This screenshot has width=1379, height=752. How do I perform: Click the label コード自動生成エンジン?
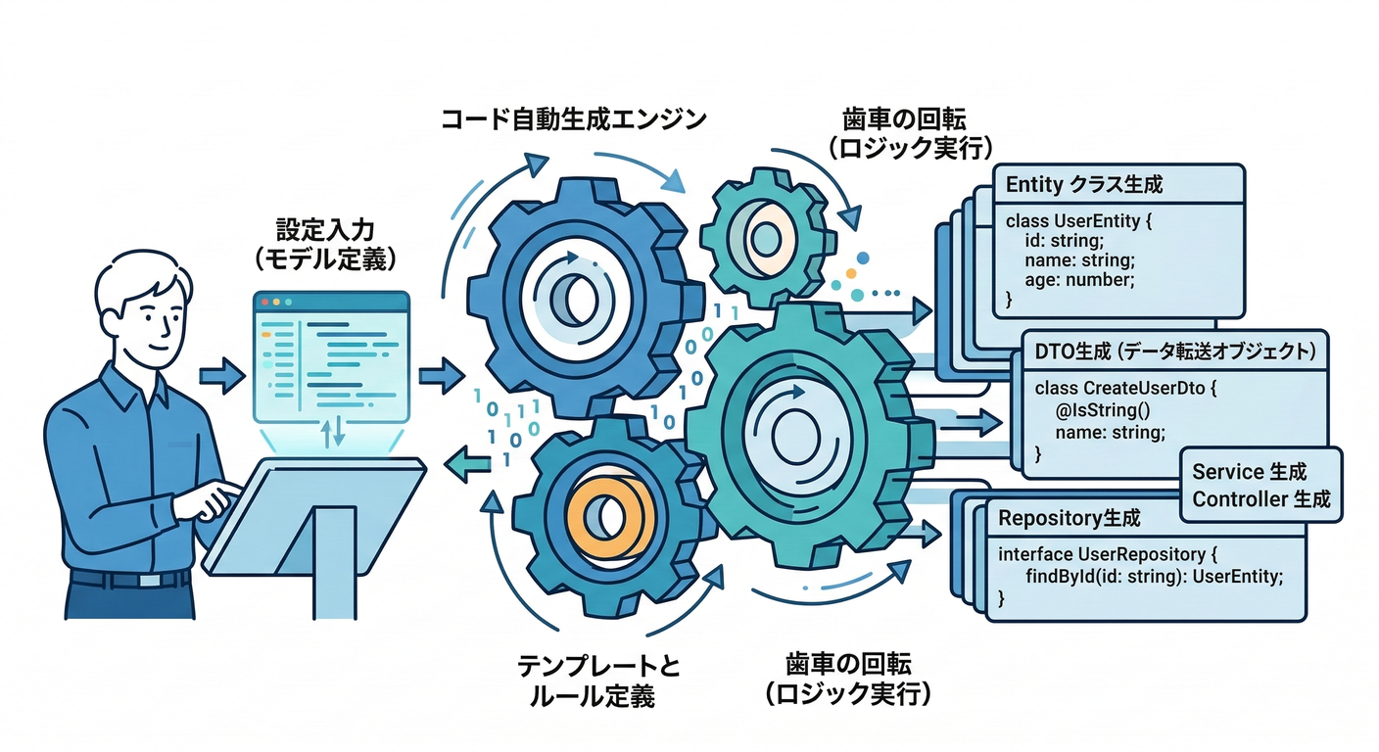coord(572,120)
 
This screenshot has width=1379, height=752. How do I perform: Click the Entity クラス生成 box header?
coord(1083,184)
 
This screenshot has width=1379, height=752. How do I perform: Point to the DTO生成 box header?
coord(1174,350)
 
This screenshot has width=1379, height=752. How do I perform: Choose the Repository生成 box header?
coord(1070,516)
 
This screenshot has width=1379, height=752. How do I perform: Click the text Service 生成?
coord(1249,471)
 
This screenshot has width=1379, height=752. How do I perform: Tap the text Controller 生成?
coord(1260,499)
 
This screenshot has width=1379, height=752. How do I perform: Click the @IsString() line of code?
coord(1103,411)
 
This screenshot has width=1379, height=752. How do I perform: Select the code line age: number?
coord(1079,279)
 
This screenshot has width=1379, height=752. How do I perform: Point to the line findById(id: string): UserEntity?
coord(1153,576)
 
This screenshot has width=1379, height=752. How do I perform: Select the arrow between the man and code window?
coord(221,375)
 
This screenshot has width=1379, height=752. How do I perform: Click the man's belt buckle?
coord(149,580)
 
